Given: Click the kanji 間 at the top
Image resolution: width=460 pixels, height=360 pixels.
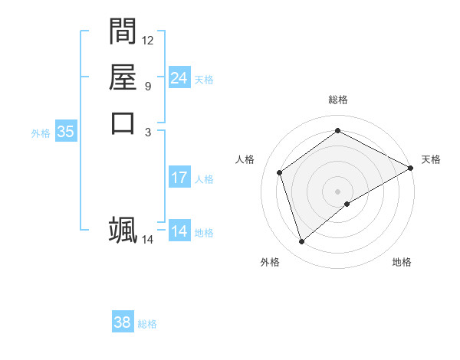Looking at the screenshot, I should pyautogui.click(x=123, y=31).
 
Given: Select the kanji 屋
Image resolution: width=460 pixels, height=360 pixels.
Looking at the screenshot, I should pyautogui.click(x=123, y=77).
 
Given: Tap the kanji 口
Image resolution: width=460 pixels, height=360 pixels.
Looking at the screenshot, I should pyautogui.click(x=123, y=123).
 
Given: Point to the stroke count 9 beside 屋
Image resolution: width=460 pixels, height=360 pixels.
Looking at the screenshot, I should pyautogui.click(x=148, y=86).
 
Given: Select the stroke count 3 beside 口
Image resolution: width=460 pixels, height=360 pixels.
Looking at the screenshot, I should pyautogui.click(x=148, y=132).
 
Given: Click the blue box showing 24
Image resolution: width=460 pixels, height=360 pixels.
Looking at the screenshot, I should pyautogui.click(x=179, y=78).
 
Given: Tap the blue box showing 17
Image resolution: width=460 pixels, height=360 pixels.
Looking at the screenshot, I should pyautogui.click(x=179, y=178).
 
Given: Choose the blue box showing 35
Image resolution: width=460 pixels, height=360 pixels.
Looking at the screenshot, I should pyautogui.click(x=66, y=132).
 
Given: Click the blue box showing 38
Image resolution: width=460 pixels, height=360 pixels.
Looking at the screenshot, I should pyautogui.click(x=122, y=322).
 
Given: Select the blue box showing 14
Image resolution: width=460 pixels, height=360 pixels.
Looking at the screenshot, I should pyautogui.click(x=179, y=231).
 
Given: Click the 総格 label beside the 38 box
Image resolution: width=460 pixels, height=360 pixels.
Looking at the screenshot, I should pyautogui.click(x=147, y=324).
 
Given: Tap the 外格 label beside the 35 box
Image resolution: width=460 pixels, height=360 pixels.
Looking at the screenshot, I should pyautogui.click(x=41, y=133).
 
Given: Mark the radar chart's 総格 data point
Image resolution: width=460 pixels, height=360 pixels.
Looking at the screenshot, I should pyautogui.click(x=337, y=131).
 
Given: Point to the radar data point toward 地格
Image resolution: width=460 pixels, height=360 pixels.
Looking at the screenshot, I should pyautogui.click(x=347, y=204).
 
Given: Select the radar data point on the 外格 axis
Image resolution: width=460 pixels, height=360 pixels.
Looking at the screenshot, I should pyautogui.click(x=301, y=242).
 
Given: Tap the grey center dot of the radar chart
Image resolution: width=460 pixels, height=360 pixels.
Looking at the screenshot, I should pyautogui.click(x=337, y=191).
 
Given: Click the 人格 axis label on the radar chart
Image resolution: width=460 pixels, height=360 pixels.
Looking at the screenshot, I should pyautogui.click(x=245, y=159).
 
